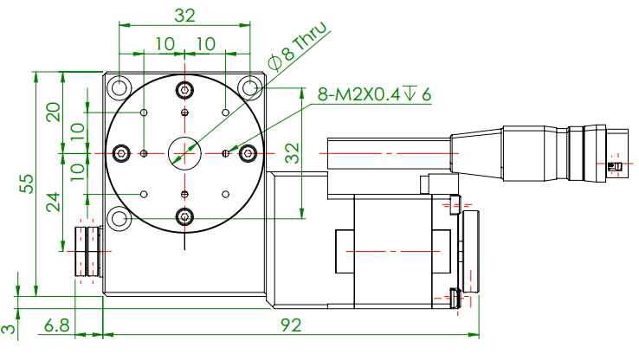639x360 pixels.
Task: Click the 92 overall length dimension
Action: (290, 325)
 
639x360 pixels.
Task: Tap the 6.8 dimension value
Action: (56, 325)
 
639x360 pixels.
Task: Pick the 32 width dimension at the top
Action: (184, 15)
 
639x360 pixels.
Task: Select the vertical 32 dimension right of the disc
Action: (292, 153)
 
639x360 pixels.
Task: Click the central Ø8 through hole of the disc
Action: (184, 153)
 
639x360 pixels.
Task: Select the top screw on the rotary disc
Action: (184, 90)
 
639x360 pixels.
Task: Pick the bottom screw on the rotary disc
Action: (184, 216)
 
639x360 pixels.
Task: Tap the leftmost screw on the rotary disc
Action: (120, 153)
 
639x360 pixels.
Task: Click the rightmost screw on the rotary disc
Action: (248, 153)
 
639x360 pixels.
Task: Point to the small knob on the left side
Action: (87, 251)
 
